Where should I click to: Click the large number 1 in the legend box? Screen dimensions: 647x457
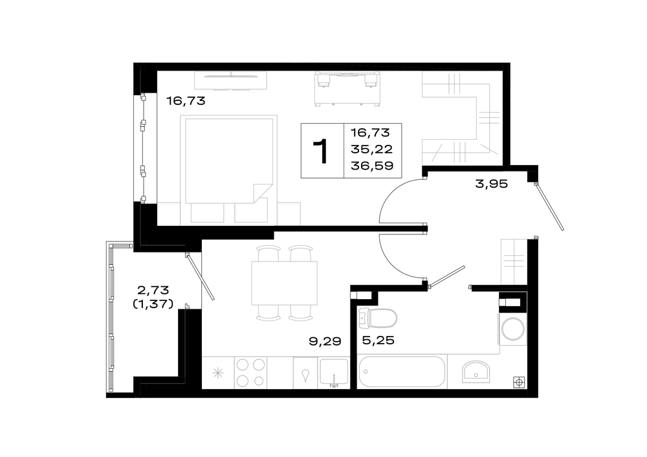[321, 151]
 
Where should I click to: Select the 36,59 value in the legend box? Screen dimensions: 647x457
[372, 166]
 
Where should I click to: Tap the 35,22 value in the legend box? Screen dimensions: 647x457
[372, 149]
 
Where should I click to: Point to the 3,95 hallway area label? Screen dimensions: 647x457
[492, 184]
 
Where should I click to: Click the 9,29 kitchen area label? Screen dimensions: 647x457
[325, 341]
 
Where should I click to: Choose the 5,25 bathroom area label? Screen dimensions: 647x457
[378, 340]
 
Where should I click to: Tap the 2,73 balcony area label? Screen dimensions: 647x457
[153, 290]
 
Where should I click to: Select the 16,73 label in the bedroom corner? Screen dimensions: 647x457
[186, 101]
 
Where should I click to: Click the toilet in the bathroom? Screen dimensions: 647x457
[378, 318]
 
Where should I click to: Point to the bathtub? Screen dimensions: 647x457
[402, 372]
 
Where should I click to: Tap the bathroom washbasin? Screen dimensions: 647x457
[476, 370]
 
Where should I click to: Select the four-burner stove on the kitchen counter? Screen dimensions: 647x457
[250, 373]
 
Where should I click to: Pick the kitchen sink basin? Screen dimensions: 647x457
[334, 373]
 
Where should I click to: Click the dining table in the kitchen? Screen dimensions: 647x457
[285, 283]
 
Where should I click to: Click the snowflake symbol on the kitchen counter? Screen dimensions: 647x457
[218, 373]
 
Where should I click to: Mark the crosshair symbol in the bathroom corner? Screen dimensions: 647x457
[519, 383]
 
